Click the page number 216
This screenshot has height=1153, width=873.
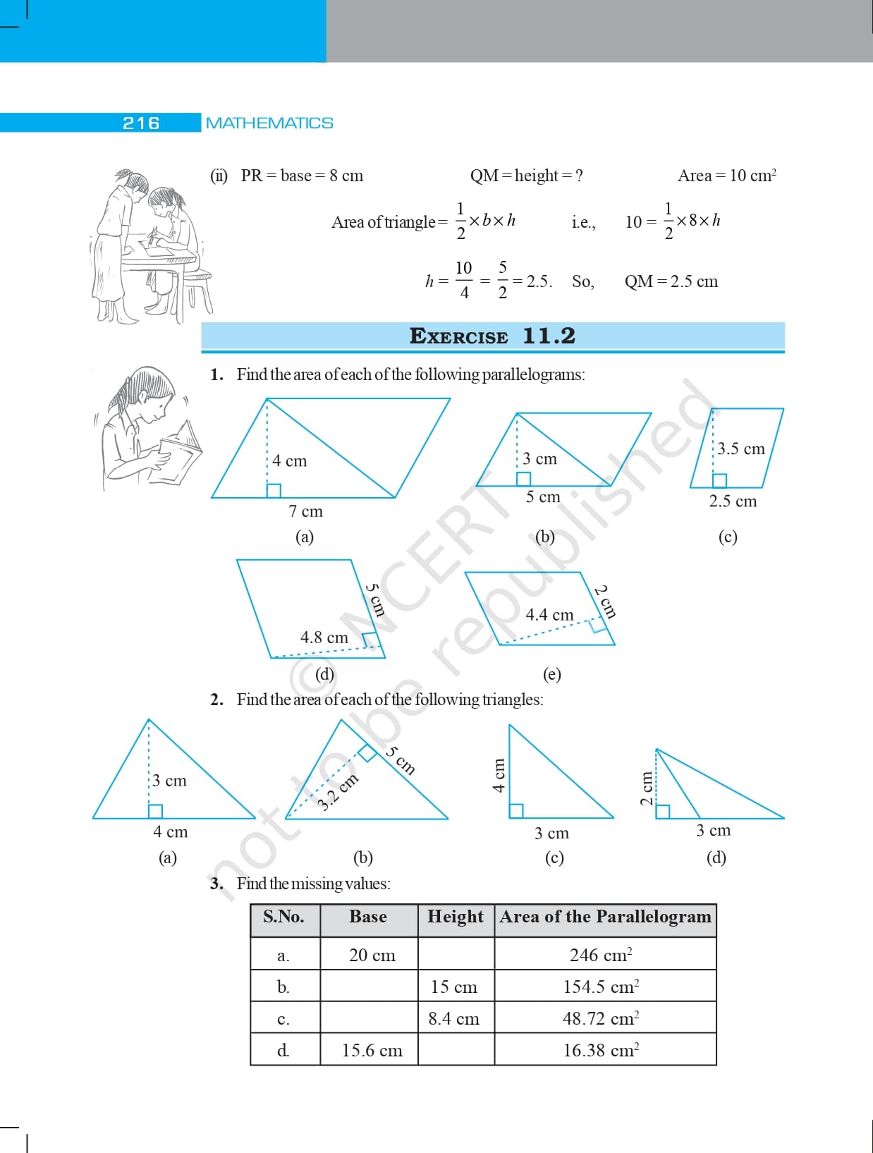(x=141, y=123)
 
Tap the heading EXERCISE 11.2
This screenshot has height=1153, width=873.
(x=492, y=336)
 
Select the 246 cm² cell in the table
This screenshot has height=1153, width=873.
(x=601, y=955)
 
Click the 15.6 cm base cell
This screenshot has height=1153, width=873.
(x=372, y=1050)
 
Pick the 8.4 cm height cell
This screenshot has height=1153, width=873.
(x=453, y=1018)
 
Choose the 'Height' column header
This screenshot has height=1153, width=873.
(x=456, y=917)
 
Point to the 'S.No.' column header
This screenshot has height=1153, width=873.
(x=283, y=917)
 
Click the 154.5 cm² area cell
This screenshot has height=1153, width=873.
(x=601, y=987)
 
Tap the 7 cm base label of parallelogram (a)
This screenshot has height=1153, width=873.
(x=305, y=511)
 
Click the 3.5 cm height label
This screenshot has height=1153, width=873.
(x=741, y=449)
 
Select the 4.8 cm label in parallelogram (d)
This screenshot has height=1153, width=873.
(x=324, y=637)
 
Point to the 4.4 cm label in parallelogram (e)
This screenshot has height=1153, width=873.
(x=549, y=615)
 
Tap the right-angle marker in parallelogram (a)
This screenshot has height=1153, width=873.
(x=274, y=490)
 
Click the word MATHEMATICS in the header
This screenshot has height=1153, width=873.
(x=269, y=123)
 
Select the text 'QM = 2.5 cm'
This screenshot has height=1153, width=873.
(x=671, y=281)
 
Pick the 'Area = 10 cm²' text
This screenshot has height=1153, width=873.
(x=726, y=176)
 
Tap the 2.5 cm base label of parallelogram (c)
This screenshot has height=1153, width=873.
(x=733, y=501)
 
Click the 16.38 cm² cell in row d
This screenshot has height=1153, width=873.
(x=601, y=1050)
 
